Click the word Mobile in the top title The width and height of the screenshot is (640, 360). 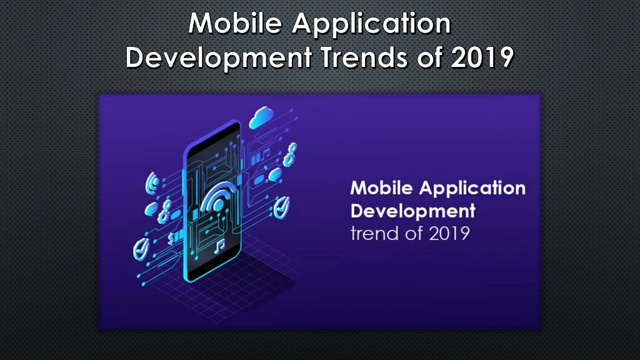(x=235, y=23)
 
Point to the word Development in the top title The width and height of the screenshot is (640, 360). (x=219, y=57)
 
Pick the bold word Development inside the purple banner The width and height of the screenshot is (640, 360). (x=412, y=211)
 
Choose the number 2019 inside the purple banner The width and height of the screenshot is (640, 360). (x=449, y=234)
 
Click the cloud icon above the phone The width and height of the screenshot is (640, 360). (x=261, y=117)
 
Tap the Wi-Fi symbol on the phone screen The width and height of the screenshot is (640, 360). (x=218, y=197)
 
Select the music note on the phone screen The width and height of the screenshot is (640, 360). (x=219, y=246)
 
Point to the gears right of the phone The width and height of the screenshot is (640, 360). (x=290, y=155)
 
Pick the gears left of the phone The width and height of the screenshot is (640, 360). (x=164, y=211)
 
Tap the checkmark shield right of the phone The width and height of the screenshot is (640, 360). (x=282, y=207)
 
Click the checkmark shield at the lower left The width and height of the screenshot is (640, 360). (x=141, y=249)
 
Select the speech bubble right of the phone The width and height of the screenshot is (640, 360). (x=275, y=175)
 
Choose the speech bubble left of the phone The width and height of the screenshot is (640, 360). (x=151, y=209)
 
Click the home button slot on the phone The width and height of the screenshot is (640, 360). (x=212, y=265)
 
